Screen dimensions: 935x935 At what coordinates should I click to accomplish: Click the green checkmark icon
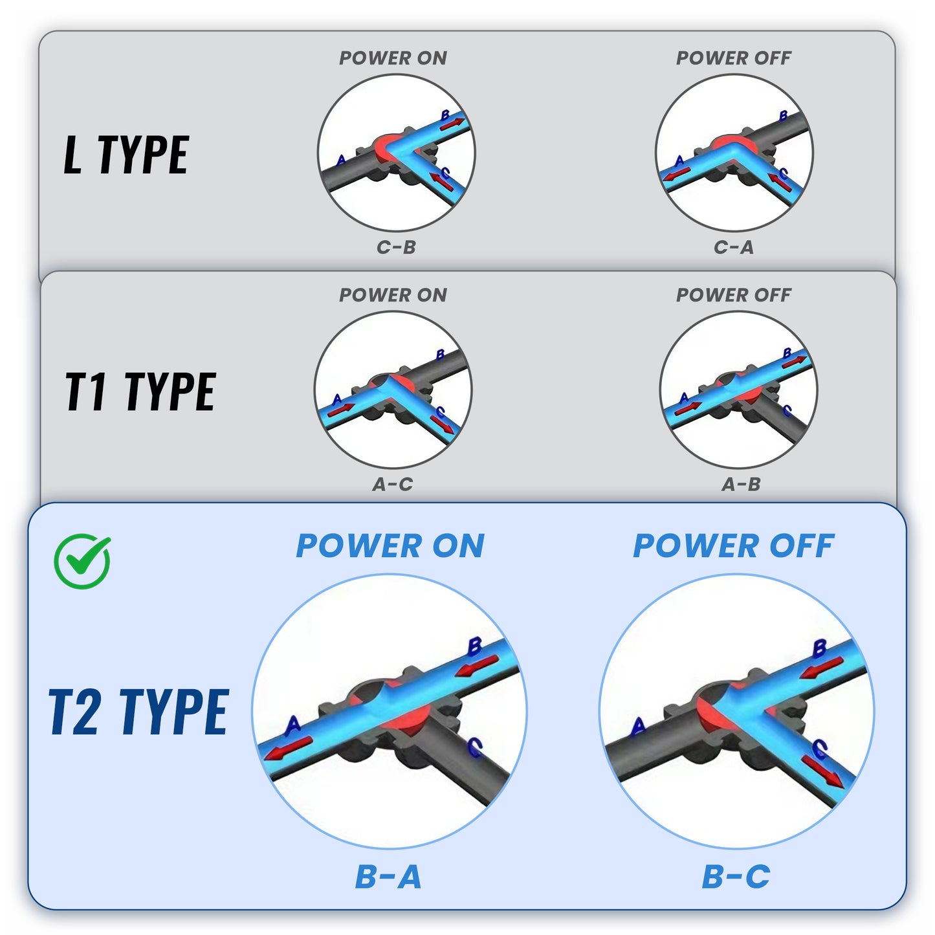[82, 560]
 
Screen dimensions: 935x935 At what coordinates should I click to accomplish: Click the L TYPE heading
[126, 155]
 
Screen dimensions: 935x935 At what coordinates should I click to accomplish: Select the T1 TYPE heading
[140, 392]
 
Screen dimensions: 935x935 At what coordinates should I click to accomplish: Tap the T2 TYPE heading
[138, 712]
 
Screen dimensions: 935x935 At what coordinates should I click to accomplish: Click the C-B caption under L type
[396, 247]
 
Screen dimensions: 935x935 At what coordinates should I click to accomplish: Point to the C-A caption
[734, 247]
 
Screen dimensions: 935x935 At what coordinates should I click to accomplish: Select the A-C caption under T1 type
[392, 484]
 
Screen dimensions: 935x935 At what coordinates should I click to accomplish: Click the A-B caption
[741, 484]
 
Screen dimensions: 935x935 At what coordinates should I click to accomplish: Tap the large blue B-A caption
[388, 877]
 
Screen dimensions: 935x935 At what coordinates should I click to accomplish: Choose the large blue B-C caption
[736, 877]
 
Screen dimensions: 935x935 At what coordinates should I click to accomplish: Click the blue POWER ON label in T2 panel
[390, 545]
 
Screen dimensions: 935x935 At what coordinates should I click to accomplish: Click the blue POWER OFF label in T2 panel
[733, 545]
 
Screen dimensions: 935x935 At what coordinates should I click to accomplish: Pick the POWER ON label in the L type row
[393, 58]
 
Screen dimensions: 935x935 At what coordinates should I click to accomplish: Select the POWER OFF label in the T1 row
[733, 294]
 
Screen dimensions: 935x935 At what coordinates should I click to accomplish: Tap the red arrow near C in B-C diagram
[823, 772]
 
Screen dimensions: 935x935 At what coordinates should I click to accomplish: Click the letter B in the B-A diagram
[474, 646]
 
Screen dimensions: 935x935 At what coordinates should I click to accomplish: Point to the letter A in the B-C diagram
[638, 726]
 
